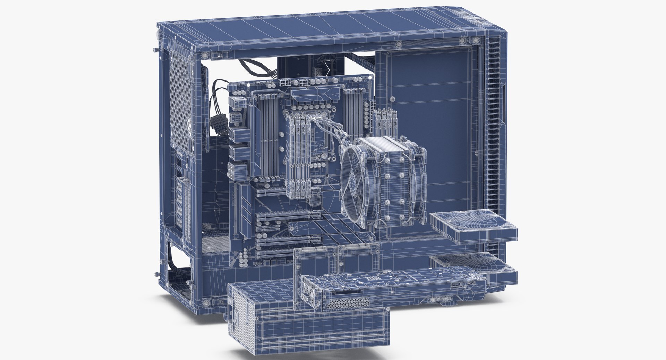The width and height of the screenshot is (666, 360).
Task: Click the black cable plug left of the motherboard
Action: coord(217,127)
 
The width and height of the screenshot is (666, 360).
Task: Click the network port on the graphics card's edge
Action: coord(454,285)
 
